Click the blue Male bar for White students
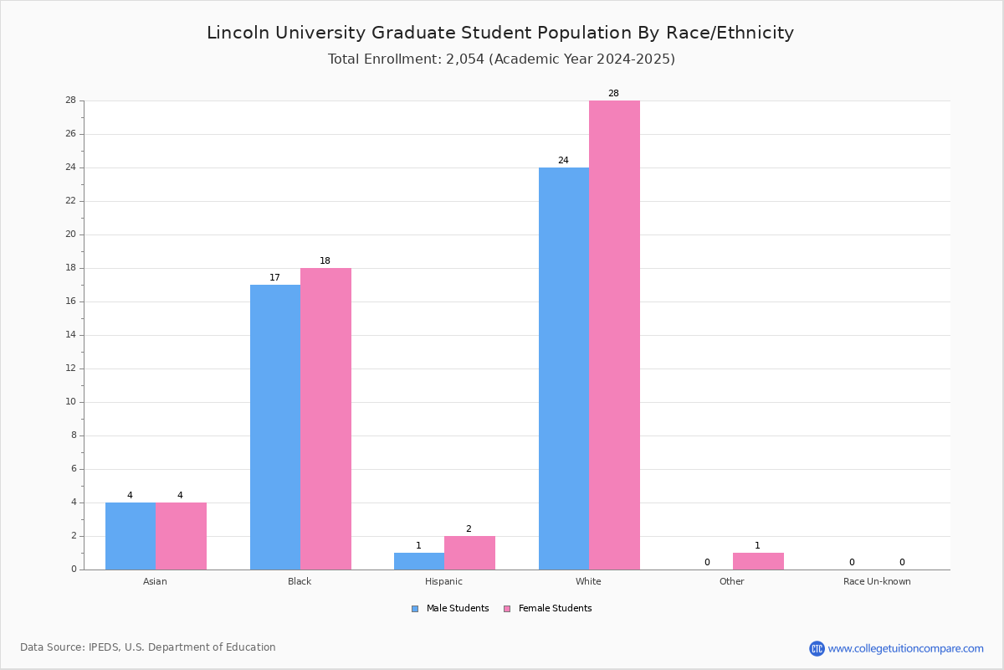pos(564,368)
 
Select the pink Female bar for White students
pos(614,335)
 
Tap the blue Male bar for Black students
pos(275,427)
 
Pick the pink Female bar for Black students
pos(325,419)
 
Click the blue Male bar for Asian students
pos(131,536)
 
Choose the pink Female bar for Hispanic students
pos(469,553)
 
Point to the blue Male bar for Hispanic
pos(419,561)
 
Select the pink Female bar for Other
pos(758,561)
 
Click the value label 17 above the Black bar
pos(274,277)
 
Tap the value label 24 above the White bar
pos(563,160)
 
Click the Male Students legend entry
pos(450,609)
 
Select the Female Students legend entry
pos(548,609)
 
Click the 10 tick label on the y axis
pos(71,402)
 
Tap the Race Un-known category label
pos(877,581)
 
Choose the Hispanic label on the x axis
pos(443,581)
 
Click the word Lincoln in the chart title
pos(238,33)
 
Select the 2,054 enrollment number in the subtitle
pos(465,59)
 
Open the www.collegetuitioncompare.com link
pos(906,648)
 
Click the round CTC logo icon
pos(817,648)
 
